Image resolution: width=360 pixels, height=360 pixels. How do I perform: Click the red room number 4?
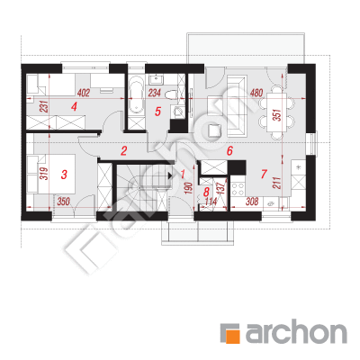pos(74,107)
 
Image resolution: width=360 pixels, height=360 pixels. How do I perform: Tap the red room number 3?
pos(64,175)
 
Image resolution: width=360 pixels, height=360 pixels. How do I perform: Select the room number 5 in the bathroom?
pos(157,112)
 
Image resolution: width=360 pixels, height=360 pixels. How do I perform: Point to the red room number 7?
pos(264,174)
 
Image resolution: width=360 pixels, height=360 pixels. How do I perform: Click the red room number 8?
pos(206,192)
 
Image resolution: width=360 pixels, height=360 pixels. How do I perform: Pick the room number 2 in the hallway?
pos(124,151)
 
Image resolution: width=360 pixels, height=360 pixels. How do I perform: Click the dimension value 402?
pos(84,93)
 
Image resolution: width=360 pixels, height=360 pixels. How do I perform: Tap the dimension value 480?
pos(256,93)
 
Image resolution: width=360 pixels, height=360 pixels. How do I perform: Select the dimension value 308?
pos(252,202)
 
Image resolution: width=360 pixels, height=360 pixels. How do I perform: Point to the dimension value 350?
pos(63,202)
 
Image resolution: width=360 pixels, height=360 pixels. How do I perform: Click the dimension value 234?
pos(155,93)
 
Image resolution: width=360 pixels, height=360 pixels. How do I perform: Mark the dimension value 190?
pos(188,188)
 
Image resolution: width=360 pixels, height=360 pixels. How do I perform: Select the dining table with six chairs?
pos(276,112)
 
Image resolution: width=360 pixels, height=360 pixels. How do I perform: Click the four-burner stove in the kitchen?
pos(238,188)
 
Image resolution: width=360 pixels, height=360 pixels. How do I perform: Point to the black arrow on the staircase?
pos(170,175)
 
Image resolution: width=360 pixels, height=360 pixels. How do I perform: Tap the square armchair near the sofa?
pos(214,130)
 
